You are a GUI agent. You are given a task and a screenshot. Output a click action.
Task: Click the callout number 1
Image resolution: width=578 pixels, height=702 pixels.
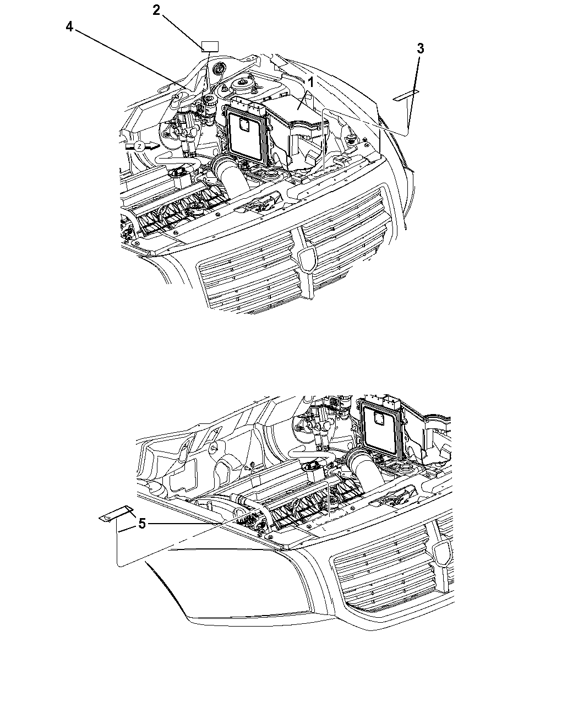coord(311,82)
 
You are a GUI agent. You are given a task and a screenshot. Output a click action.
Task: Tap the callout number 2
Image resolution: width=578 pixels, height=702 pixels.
coord(156,10)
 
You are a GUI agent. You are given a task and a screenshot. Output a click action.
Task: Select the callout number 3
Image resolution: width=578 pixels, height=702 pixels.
coord(421,49)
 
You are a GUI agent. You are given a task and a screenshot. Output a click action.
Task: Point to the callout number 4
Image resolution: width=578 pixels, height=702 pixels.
coord(69,26)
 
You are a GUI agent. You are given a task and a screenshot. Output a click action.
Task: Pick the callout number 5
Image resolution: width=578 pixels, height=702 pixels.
coord(142,524)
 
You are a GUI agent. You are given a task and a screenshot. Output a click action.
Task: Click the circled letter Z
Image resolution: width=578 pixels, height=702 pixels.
coord(139,146)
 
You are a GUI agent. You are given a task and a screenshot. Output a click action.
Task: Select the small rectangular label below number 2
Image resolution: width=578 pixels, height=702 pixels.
coord(210,47)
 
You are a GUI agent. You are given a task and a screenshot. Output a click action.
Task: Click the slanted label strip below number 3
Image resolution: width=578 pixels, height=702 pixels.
coord(406,95)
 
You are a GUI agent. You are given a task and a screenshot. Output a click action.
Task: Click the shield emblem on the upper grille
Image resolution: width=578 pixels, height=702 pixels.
coord(308,259)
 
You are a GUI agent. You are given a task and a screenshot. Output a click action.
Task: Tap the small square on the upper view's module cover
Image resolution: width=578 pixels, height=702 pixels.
coord(243,125)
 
